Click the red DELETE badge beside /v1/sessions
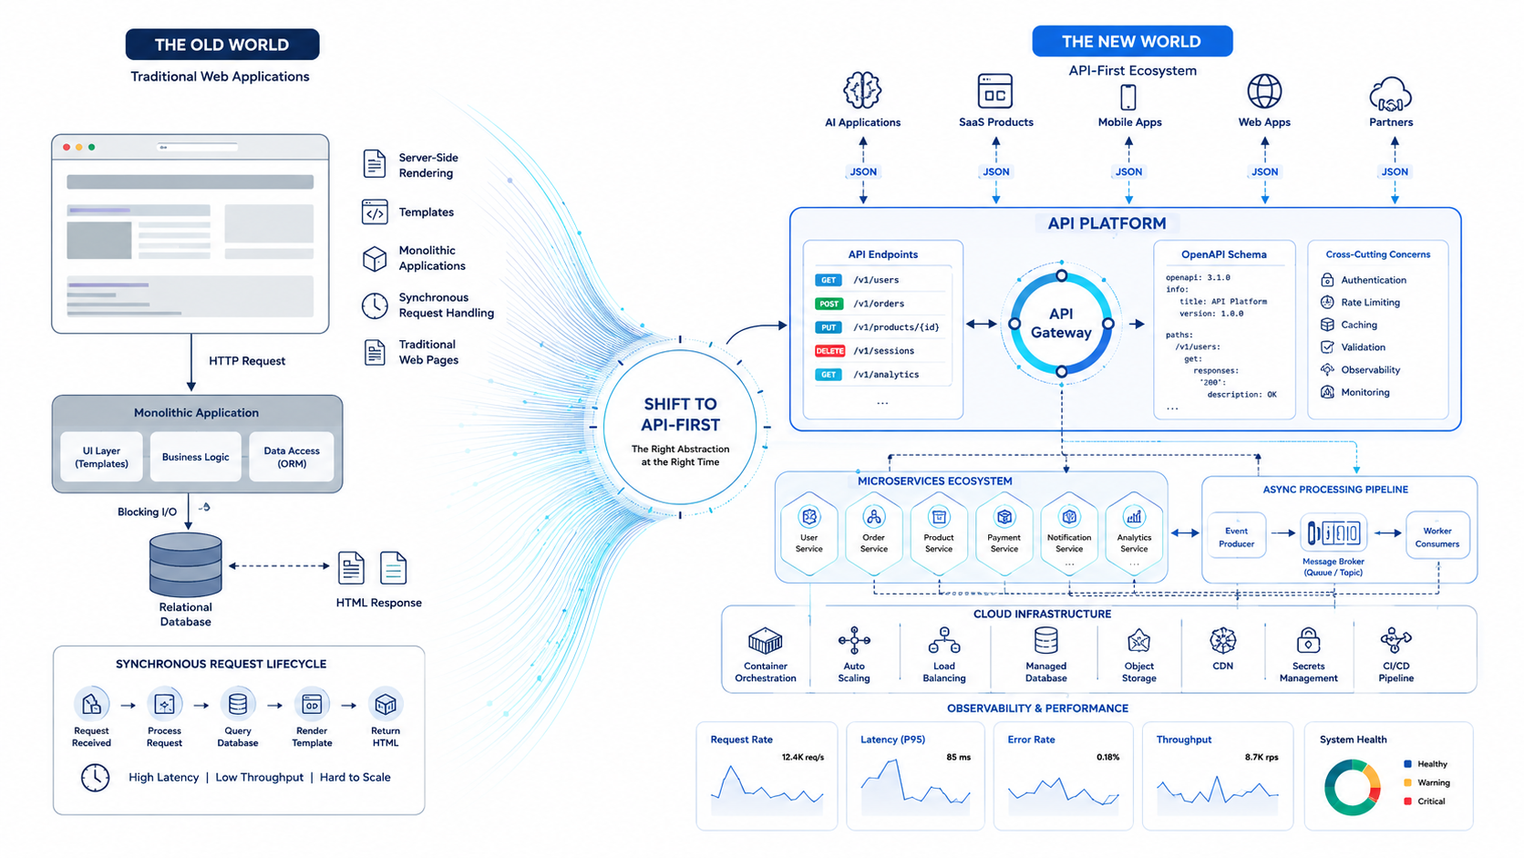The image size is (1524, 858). point(829,351)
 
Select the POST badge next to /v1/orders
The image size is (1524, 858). point(829,305)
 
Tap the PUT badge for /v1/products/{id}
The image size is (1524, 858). point(829,327)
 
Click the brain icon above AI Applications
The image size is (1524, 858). point(862,90)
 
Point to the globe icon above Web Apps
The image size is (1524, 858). point(1264,91)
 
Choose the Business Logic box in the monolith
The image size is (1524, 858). point(195,457)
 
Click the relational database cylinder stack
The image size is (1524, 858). point(186,564)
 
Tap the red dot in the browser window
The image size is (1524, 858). point(67,147)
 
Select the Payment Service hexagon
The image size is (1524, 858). point(1004,533)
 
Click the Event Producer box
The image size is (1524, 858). point(1236,536)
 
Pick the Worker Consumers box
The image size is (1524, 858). point(1436,536)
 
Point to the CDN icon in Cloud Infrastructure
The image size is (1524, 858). point(1222,640)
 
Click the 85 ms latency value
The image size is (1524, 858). point(958,758)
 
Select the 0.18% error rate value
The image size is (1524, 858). point(1107,758)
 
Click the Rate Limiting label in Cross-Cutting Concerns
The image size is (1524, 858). point(1370,302)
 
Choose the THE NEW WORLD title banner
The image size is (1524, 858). point(1131,42)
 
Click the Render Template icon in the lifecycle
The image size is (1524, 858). point(312,705)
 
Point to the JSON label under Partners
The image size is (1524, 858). point(1394,172)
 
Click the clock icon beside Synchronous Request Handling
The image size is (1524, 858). point(375,305)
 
